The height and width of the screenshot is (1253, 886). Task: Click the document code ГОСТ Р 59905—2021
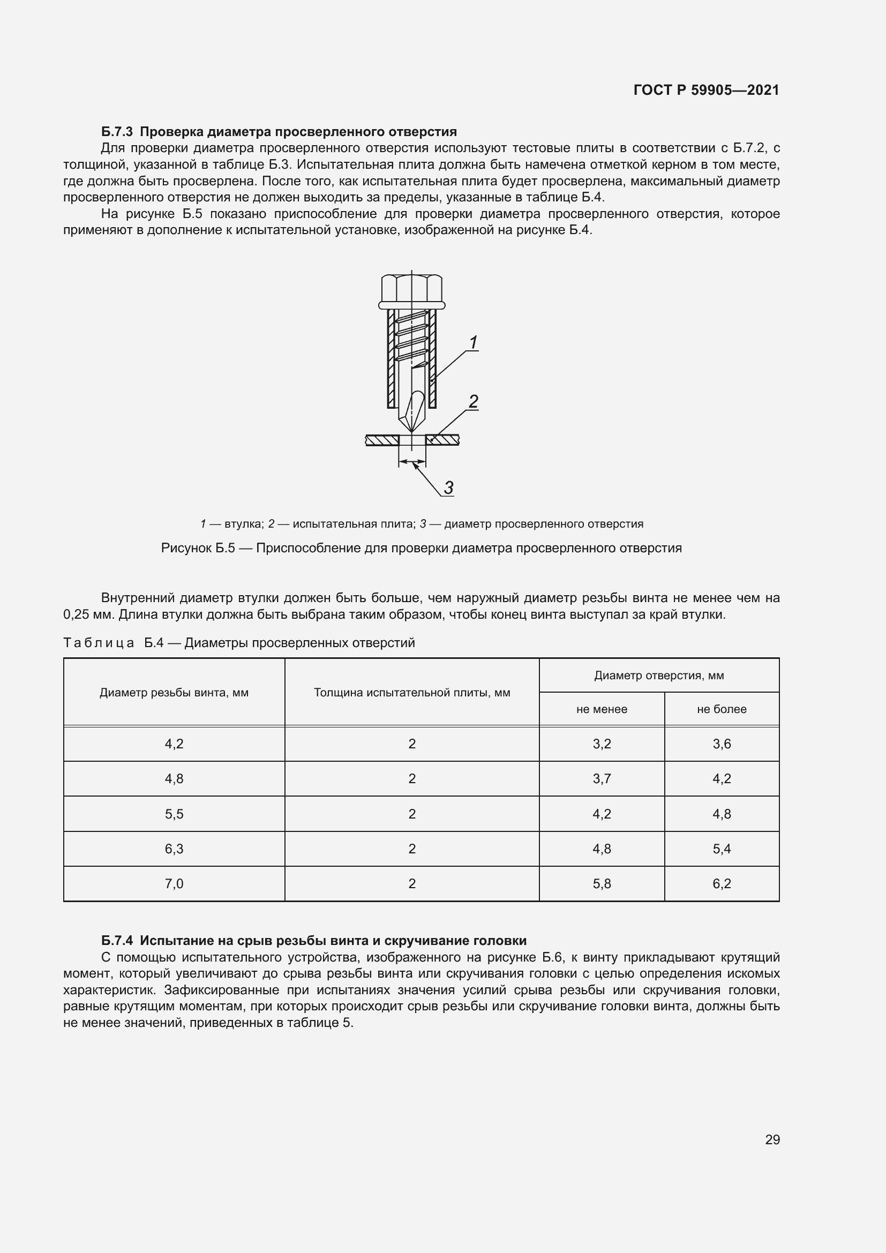706,90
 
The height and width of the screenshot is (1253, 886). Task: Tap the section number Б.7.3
117,132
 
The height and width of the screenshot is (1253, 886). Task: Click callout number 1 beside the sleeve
473,343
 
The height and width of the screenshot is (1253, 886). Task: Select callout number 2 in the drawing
473,402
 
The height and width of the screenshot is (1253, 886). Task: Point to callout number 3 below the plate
448,487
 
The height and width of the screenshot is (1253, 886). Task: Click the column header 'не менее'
602,709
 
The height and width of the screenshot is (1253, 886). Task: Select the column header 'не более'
721,709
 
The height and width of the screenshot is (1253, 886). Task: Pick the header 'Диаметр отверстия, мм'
659,676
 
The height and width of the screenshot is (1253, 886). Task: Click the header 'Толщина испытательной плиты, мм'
412,693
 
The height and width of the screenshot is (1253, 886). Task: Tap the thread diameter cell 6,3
174,849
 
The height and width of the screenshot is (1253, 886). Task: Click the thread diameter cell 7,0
174,883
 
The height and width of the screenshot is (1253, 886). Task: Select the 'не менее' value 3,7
602,779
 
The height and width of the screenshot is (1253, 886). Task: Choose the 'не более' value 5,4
721,849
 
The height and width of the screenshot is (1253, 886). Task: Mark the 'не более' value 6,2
721,883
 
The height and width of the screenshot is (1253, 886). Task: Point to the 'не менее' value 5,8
602,883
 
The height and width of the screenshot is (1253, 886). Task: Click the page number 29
772,1139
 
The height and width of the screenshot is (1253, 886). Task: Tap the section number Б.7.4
117,941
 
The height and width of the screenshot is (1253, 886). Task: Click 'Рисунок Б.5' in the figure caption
198,548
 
